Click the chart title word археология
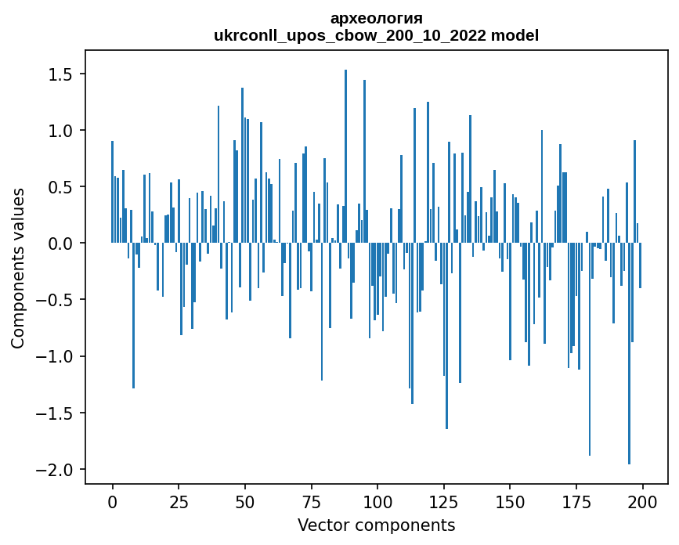pyautogui.click(x=376, y=18)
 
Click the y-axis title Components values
pyautogui.click(x=18, y=268)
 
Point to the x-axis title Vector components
pyautogui.click(x=376, y=525)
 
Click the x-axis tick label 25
pyautogui.click(x=179, y=501)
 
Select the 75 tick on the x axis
pyautogui.click(x=311, y=501)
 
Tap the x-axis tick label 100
pyautogui.click(x=377, y=501)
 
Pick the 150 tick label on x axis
pyautogui.click(x=510, y=501)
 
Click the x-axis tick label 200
pyautogui.click(x=642, y=501)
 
